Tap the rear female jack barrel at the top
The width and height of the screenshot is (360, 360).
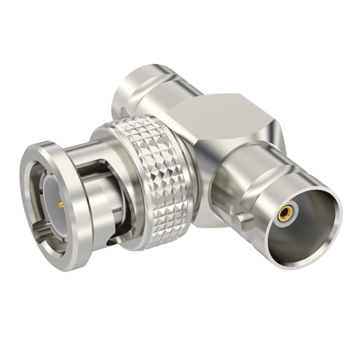click(x=143, y=93)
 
